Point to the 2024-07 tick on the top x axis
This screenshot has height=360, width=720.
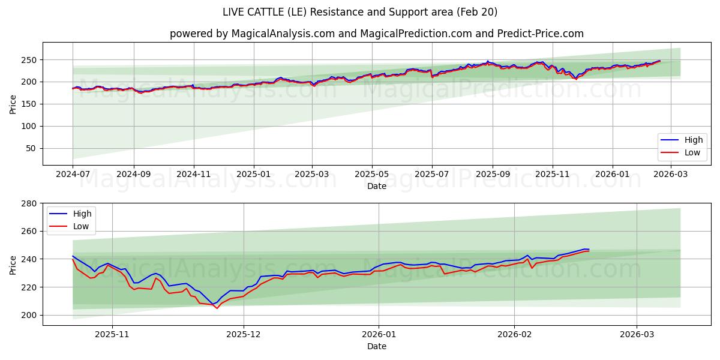73,175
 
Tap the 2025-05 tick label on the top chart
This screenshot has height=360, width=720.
372,175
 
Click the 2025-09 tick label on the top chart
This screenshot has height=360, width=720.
492,175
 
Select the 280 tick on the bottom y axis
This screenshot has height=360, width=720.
29,203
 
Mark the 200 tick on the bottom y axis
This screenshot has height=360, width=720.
29,315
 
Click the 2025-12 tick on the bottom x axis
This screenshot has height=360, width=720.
244,335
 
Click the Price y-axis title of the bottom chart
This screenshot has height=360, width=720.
13,264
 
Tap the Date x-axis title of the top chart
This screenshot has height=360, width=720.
376,187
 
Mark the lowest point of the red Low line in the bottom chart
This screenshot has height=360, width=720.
217,308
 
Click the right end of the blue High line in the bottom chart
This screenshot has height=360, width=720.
589,249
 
